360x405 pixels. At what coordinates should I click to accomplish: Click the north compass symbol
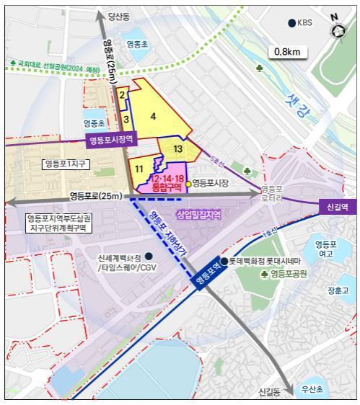click(x=338, y=30)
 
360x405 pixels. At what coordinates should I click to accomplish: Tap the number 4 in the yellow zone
click(x=153, y=115)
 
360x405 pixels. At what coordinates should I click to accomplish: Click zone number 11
click(x=139, y=168)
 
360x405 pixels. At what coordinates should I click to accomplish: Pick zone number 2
click(x=123, y=94)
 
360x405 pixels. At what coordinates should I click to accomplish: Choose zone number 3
click(x=126, y=119)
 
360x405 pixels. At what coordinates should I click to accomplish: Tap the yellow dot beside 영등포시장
click(x=188, y=184)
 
